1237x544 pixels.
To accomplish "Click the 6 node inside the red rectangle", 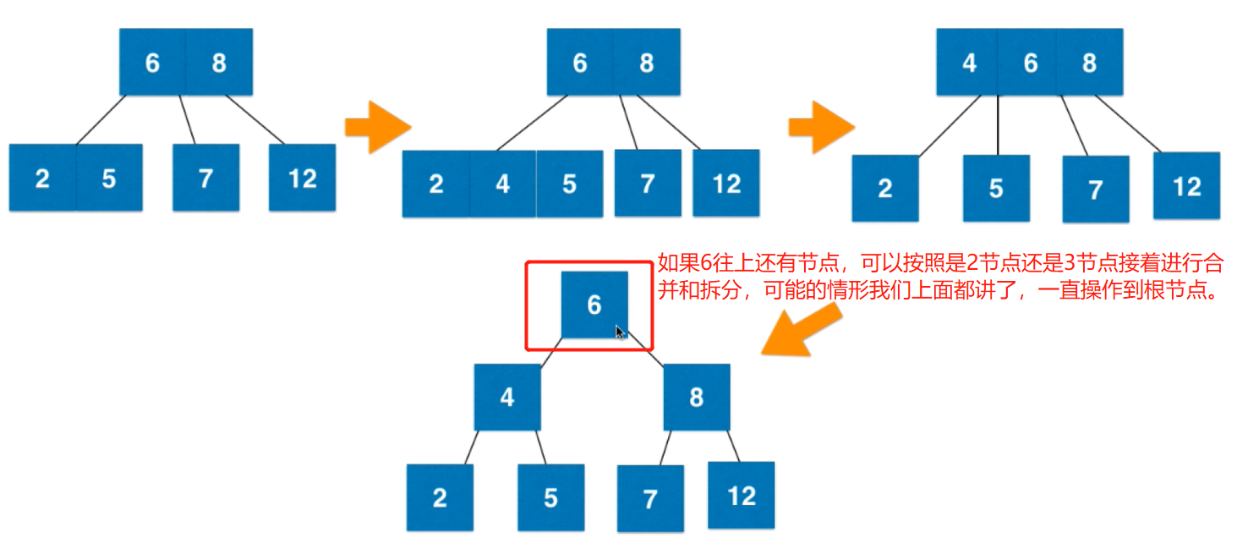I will click(594, 305).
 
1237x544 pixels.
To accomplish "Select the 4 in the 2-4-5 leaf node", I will click(503, 184).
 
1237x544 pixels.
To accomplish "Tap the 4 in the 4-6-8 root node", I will click(969, 63).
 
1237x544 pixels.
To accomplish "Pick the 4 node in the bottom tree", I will click(506, 397).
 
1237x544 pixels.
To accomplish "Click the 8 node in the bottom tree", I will click(696, 397).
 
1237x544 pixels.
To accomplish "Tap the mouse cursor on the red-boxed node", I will click(620, 332).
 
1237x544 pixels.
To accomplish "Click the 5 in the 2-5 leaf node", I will click(109, 178).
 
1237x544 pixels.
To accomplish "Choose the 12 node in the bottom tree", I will click(742, 495).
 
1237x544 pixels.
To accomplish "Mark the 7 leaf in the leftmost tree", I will click(205, 178).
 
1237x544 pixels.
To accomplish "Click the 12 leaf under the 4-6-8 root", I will click(1186, 186).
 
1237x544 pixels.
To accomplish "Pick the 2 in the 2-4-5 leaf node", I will click(435, 184).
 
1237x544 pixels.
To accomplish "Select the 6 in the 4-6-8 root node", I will click(1030, 63).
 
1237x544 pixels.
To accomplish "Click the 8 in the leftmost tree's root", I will click(219, 62).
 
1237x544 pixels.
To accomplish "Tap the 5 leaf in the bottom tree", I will click(550, 497).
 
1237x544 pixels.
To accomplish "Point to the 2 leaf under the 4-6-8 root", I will click(884, 188).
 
